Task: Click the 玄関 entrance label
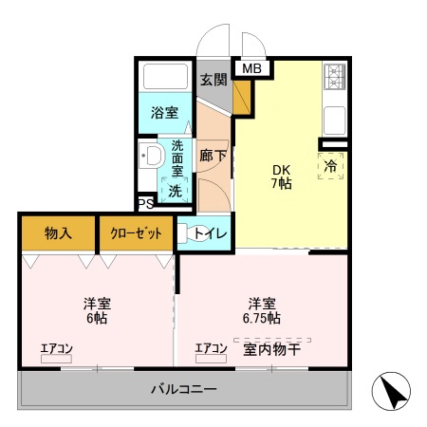pyautogui.click(x=213, y=80)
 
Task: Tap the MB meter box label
pyautogui.click(x=251, y=68)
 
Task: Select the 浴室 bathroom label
pyautogui.click(x=165, y=113)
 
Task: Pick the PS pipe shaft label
pyautogui.click(x=145, y=204)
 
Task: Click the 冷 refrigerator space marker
pyautogui.click(x=331, y=164)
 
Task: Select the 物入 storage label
pyautogui.click(x=58, y=232)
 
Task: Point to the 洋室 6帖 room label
pyautogui.click(x=96, y=311)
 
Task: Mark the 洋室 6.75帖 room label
pyautogui.click(x=262, y=311)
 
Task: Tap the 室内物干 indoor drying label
pyautogui.click(x=272, y=349)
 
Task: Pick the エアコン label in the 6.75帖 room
pyautogui.click(x=211, y=349)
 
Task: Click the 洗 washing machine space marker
pyautogui.click(x=176, y=191)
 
